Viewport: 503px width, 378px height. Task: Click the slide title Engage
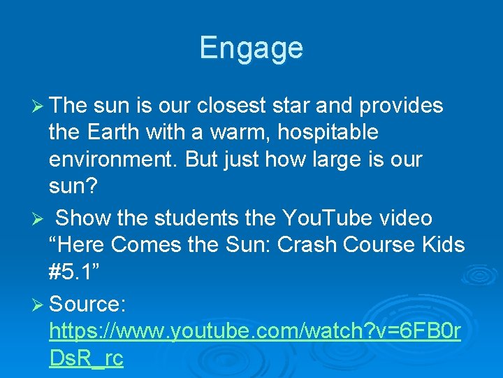(x=251, y=48)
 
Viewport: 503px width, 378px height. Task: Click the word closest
(x=231, y=105)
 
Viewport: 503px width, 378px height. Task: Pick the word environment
(x=111, y=159)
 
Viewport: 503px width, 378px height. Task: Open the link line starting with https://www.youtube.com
(x=255, y=330)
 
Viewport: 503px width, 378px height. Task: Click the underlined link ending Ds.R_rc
(x=87, y=358)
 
